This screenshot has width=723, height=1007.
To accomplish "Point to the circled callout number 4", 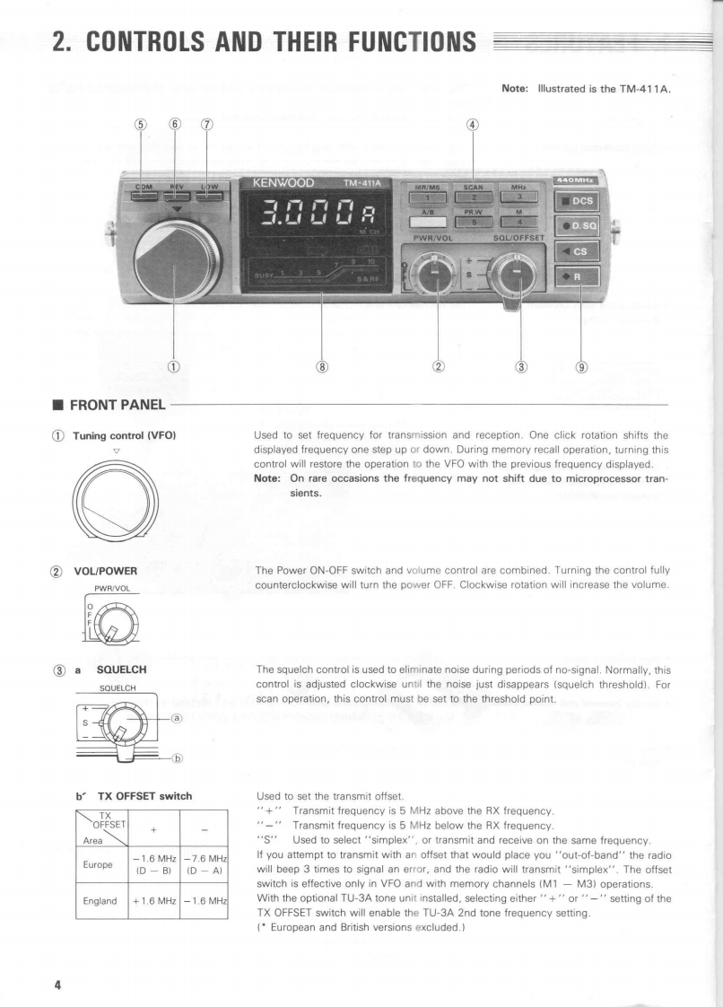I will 473,125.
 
